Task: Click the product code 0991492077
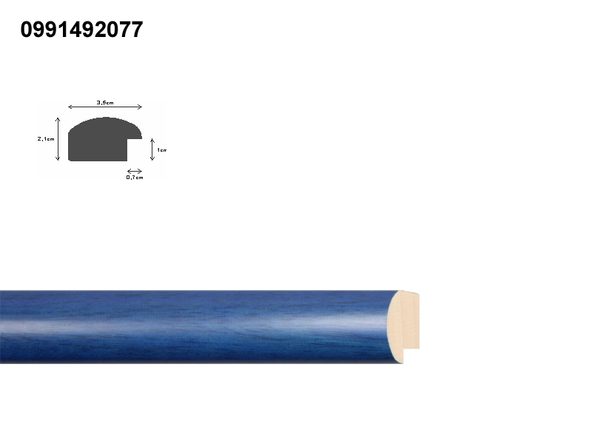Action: pyautogui.click(x=81, y=30)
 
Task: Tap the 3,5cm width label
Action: pyautogui.click(x=105, y=102)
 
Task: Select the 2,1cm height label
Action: pyautogui.click(x=46, y=139)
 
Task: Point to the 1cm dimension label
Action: pyautogui.click(x=161, y=150)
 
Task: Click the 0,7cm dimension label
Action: pyautogui.click(x=135, y=177)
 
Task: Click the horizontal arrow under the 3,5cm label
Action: pyautogui.click(x=105, y=107)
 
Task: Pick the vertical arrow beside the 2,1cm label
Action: pyautogui.click(x=58, y=139)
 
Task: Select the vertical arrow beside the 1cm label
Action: pyautogui.click(x=152, y=149)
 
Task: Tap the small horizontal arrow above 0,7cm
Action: pyautogui.click(x=135, y=171)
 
